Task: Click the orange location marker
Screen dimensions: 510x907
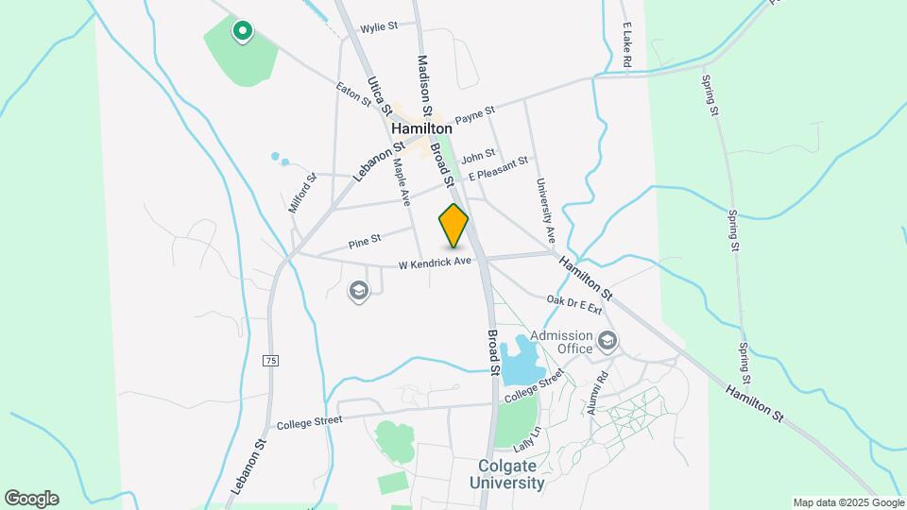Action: coord(453,225)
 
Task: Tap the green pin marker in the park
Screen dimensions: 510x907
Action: coord(243,31)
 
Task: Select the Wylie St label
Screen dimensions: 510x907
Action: coord(379,27)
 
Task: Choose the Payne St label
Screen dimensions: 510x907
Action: coord(474,115)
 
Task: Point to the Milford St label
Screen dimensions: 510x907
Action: coord(300,192)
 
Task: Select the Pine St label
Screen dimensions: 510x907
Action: coord(364,243)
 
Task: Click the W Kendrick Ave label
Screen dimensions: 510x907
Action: coord(434,261)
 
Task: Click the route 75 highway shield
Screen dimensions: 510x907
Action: coord(271,360)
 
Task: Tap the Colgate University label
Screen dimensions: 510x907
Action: coord(511,474)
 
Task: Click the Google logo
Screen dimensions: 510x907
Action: coord(31,498)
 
